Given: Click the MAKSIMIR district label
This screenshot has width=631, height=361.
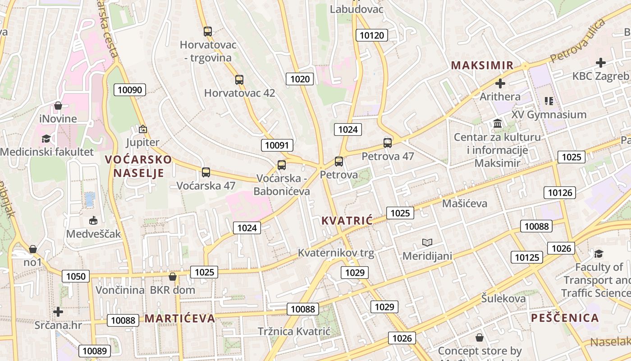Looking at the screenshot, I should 482,65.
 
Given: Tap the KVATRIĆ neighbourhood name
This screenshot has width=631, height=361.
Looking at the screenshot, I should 347,221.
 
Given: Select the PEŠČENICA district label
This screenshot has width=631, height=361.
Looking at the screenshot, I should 565,318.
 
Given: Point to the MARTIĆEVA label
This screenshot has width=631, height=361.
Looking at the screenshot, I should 180,319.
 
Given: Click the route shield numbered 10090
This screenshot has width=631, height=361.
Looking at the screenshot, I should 130,90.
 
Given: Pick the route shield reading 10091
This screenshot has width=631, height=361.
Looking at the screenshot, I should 277,145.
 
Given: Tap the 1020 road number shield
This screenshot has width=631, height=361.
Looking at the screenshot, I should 300,79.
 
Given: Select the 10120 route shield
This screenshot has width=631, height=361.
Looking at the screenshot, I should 371,35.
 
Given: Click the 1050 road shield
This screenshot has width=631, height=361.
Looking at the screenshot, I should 76,276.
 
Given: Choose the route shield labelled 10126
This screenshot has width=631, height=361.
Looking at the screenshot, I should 560,193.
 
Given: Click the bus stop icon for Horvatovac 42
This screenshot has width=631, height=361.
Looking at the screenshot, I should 239,80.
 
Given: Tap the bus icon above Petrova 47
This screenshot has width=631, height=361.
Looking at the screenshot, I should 388,143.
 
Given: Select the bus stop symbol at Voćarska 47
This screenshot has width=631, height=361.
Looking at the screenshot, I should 206,172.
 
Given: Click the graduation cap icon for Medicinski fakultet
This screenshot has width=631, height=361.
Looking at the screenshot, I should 46,139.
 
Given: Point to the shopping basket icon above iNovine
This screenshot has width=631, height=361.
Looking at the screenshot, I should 58,106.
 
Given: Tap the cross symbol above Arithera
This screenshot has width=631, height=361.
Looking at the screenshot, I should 500,83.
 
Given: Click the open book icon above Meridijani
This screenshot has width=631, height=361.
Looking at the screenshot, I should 427,242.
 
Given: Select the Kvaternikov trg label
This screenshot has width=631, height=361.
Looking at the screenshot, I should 336,253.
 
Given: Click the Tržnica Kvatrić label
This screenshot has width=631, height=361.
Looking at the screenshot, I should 294,331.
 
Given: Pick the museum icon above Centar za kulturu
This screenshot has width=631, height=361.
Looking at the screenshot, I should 498,123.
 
